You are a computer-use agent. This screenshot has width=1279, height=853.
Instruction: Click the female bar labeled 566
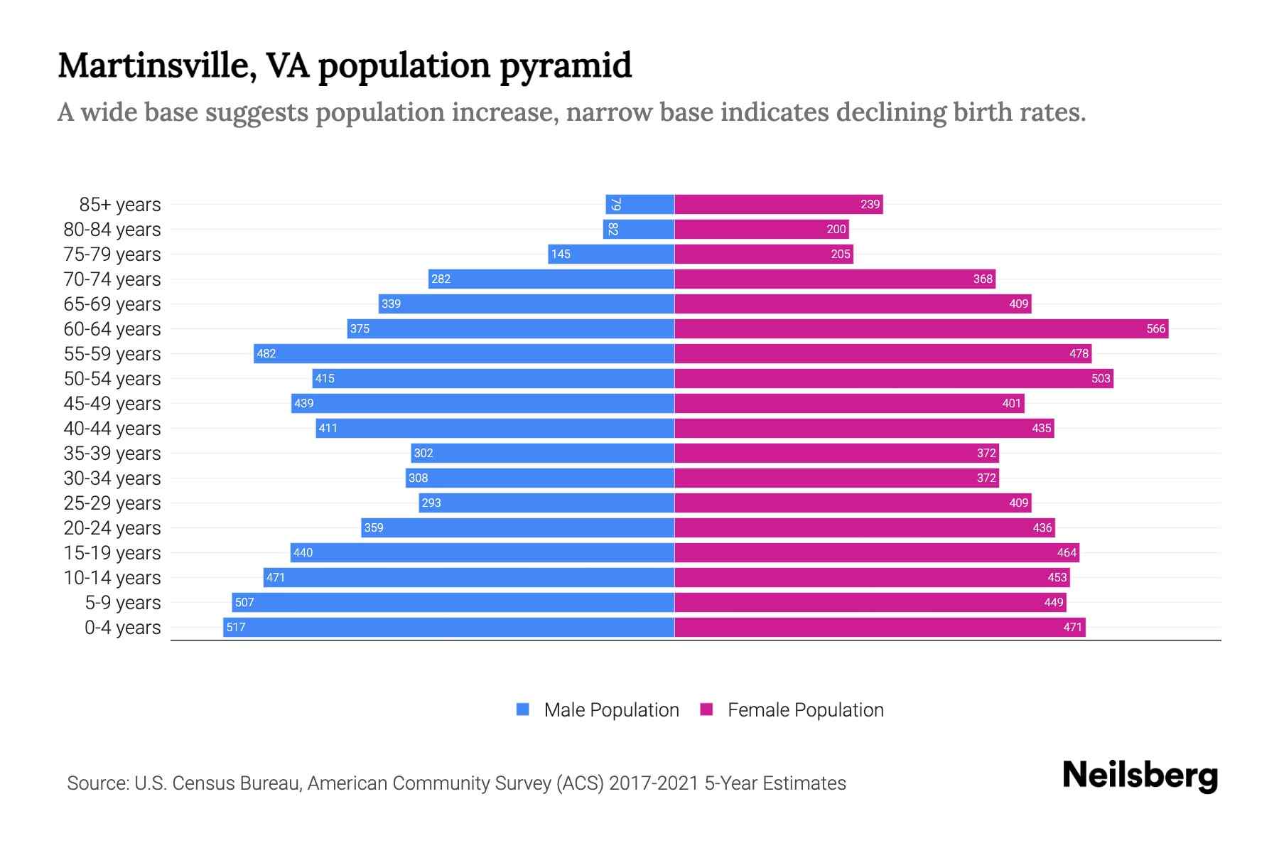(x=921, y=328)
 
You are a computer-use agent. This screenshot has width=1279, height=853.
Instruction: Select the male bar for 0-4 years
(x=448, y=627)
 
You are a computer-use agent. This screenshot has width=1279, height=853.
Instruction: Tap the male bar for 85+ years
(x=639, y=204)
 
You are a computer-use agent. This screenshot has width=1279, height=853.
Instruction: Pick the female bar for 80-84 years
(x=761, y=229)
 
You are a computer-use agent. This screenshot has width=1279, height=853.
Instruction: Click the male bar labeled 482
(x=464, y=353)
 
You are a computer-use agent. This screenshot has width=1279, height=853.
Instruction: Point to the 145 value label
(x=561, y=254)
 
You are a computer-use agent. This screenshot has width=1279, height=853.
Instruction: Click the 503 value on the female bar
(x=1100, y=378)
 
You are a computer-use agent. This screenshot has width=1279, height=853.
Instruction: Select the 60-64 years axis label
(x=112, y=328)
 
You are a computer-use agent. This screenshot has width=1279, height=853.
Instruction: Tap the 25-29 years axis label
(x=112, y=503)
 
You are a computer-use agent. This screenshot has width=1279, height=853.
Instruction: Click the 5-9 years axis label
(x=122, y=602)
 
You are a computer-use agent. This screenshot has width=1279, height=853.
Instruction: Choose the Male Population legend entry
(x=611, y=709)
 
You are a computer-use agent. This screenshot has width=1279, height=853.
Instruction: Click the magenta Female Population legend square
(x=706, y=709)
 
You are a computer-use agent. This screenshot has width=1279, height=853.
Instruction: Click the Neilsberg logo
(x=1140, y=776)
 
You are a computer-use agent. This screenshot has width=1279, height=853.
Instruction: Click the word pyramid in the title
(x=565, y=67)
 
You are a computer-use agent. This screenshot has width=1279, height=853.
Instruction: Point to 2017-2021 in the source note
(x=653, y=783)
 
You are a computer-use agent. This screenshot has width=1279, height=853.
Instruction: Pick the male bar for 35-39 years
(x=542, y=453)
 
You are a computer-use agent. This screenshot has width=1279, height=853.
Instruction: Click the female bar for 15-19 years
(x=876, y=552)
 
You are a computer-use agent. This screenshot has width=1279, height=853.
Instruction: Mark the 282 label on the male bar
(x=441, y=279)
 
